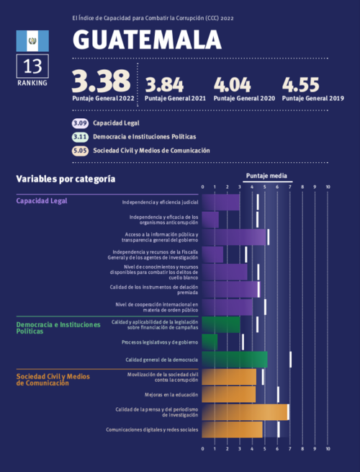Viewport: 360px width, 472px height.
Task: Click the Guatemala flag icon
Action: [x=32, y=40]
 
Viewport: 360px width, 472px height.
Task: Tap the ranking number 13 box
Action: [x=32, y=66]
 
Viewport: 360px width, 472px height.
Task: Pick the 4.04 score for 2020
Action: [x=234, y=84]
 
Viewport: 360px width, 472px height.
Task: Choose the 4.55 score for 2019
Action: [x=302, y=84]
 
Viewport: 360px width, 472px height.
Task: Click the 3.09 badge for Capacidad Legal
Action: [x=80, y=123]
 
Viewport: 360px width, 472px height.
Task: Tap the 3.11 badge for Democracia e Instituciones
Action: [x=80, y=137]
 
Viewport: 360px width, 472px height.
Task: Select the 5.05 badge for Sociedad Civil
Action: [x=80, y=151]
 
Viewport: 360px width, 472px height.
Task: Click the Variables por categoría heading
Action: [x=66, y=178]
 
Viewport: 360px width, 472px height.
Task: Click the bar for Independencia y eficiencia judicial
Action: [x=221, y=202]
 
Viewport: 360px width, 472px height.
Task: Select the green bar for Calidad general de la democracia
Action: [x=235, y=359]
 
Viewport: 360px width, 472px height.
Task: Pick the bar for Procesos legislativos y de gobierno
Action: [x=210, y=342]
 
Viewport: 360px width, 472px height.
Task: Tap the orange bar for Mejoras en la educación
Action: [x=229, y=394]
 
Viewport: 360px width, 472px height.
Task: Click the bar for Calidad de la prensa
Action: [x=246, y=411]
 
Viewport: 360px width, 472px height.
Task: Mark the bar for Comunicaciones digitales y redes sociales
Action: [x=233, y=429]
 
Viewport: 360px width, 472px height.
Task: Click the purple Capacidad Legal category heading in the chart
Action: [x=42, y=201]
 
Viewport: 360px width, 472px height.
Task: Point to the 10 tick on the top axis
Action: [x=328, y=187]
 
